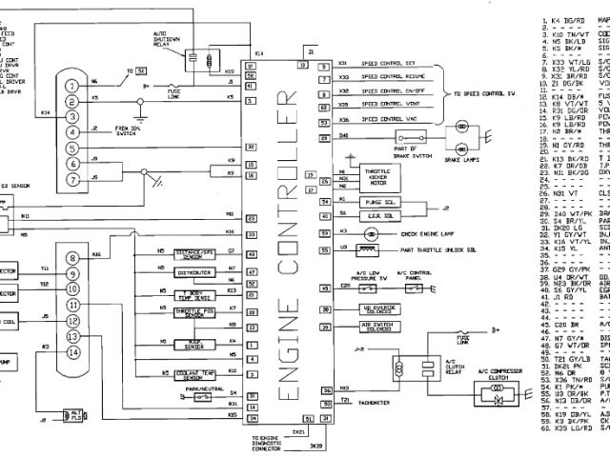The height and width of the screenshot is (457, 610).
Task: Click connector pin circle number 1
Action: pyautogui.click(x=72, y=84)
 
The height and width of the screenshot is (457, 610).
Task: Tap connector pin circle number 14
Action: pyautogui.click(x=72, y=351)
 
